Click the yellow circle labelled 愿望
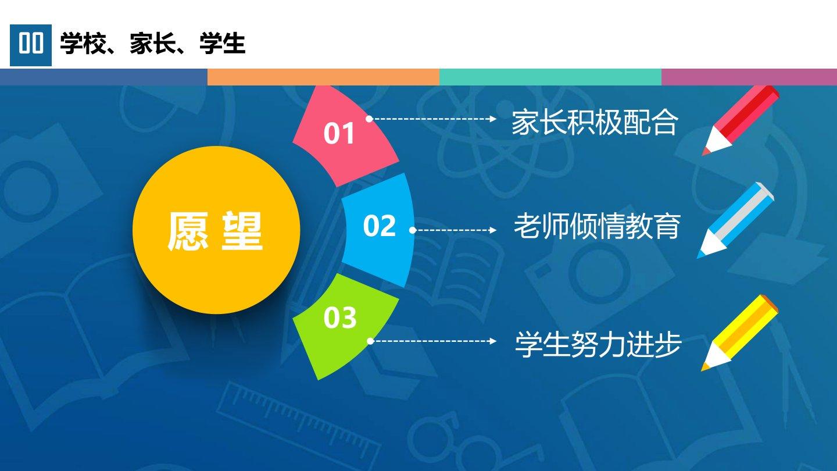pyautogui.click(x=216, y=230)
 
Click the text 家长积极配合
pyautogui.click(x=595, y=122)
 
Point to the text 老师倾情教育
pyautogui.click(x=597, y=226)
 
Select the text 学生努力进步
pyautogui.click(x=598, y=344)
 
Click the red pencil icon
pyautogui.click(x=741, y=120)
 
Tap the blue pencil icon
pyautogui.click(x=735, y=220)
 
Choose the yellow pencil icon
pyautogui.click(x=739, y=333)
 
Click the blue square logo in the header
pyautogui.click(x=31, y=45)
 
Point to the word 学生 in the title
pyautogui.click(x=222, y=44)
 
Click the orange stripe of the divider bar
pyautogui.click(x=323, y=77)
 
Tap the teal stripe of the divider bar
pyautogui.click(x=550, y=77)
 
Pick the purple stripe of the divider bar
pyautogui.click(x=749, y=77)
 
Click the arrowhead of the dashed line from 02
pyautogui.click(x=493, y=230)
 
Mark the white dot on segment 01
pyautogui.click(x=369, y=119)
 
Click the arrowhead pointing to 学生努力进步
pyautogui.click(x=493, y=341)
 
